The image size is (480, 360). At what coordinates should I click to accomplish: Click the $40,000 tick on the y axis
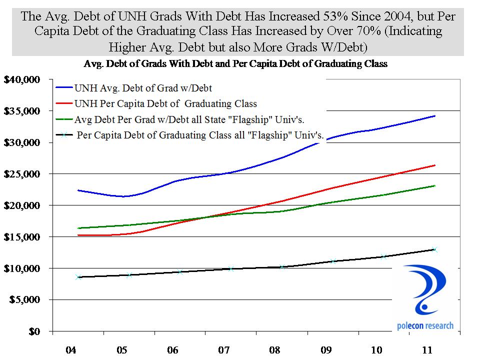(24, 79)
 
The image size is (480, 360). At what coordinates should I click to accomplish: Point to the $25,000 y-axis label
(24, 174)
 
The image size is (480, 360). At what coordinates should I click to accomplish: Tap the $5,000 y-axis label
(26, 300)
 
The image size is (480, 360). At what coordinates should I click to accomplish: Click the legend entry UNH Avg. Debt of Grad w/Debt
(143, 88)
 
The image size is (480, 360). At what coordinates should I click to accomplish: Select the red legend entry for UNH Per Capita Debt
(165, 103)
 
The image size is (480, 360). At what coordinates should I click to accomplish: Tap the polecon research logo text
(425, 326)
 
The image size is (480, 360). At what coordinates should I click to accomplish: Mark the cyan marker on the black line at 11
(434, 249)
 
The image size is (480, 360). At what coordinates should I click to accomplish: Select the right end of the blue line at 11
(434, 116)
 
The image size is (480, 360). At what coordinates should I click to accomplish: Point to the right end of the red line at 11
(434, 165)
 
